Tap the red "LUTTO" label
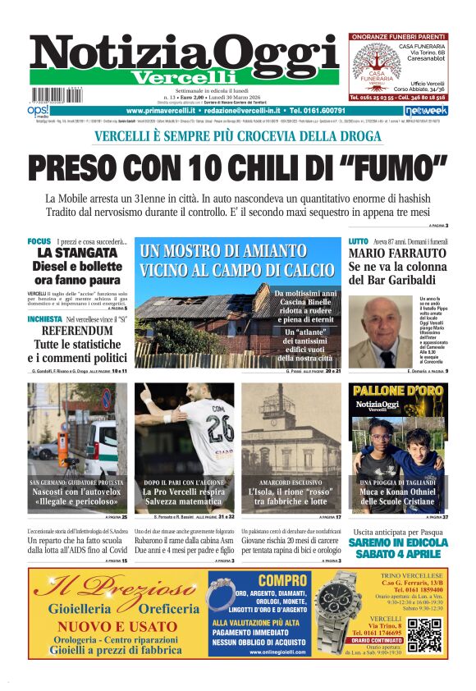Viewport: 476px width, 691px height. click(358, 241)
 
